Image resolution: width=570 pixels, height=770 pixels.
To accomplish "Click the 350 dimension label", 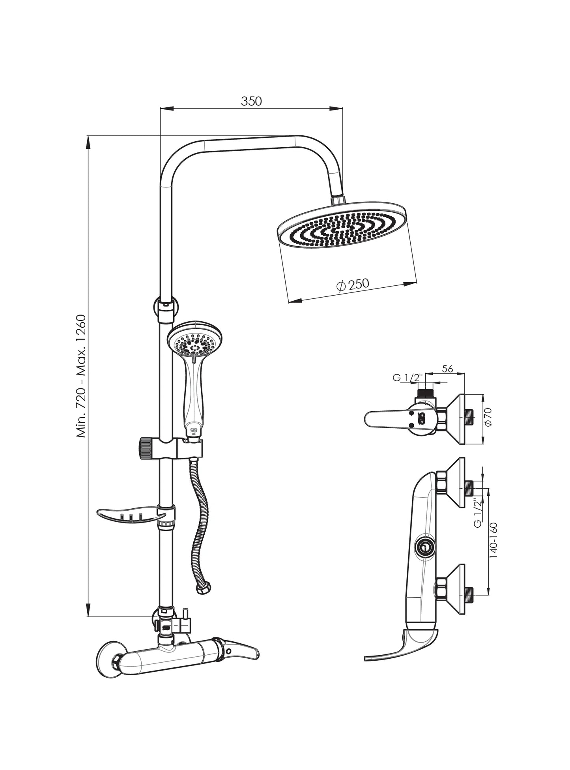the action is click(x=251, y=101).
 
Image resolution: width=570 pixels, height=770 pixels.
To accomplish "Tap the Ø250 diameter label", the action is click(x=353, y=284).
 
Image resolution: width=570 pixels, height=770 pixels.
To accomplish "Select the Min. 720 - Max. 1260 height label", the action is click(x=81, y=376).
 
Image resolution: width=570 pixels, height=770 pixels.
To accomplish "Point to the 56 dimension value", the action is click(x=447, y=369).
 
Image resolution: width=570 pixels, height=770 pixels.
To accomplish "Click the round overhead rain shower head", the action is click(x=342, y=225).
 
